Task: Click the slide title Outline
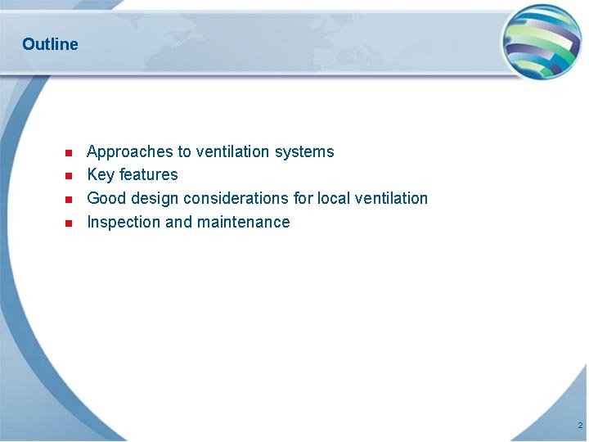point(50,44)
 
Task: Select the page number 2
point(579,426)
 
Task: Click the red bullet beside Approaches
point(69,152)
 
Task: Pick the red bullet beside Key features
point(69,175)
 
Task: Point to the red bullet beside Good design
point(69,199)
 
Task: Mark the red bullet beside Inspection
point(69,223)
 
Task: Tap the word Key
point(101,174)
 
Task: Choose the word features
point(148,174)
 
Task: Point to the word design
point(153,198)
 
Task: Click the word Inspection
point(124,222)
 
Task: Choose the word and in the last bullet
point(178,222)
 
